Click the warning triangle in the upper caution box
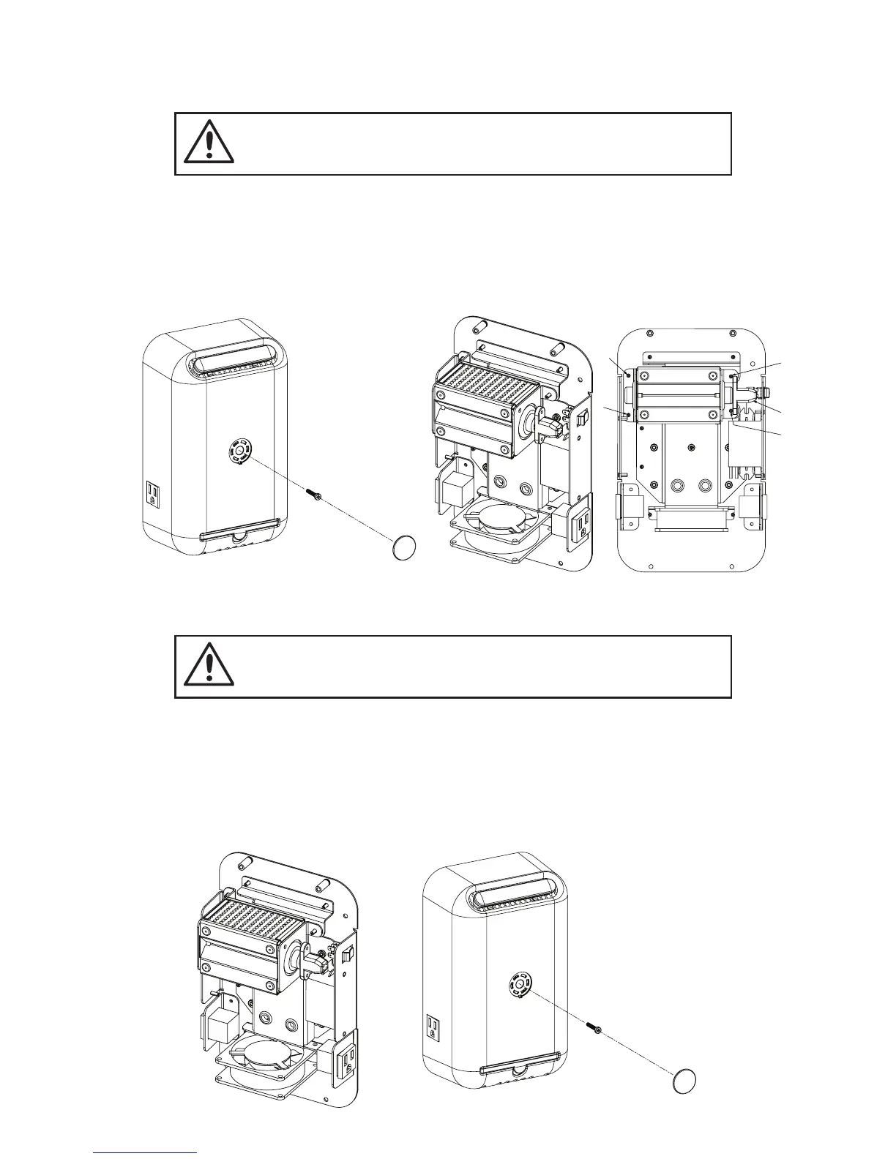pyautogui.click(x=209, y=143)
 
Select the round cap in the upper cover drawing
pyautogui.click(x=404, y=547)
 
